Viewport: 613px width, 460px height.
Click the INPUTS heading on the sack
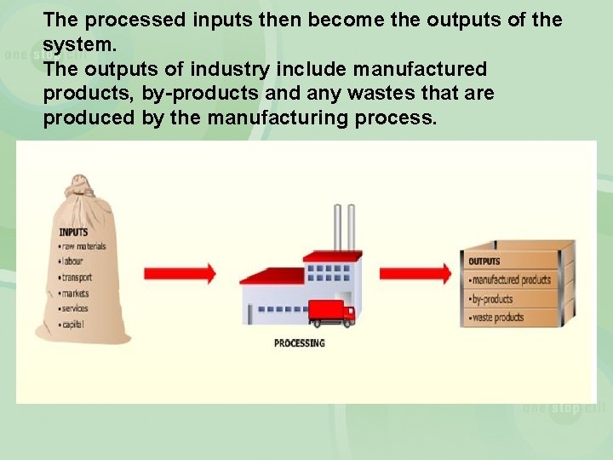(x=73, y=232)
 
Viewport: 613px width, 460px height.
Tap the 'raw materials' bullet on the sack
(x=83, y=246)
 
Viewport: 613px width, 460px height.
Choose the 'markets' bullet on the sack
(x=75, y=293)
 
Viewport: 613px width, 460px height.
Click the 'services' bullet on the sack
(x=74, y=308)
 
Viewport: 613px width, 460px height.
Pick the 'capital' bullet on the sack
(x=72, y=324)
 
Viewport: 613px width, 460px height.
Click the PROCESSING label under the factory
(x=299, y=343)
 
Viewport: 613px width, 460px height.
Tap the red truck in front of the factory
(x=331, y=313)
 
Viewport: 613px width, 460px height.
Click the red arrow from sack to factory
(x=180, y=273)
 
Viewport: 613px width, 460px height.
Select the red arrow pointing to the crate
(x=415, y=273)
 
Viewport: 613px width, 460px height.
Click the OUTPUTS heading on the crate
(x=484, y=262)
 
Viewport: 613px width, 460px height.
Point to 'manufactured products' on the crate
(x=511, y=280)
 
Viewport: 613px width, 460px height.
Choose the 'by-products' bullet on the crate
(x=492, y=299)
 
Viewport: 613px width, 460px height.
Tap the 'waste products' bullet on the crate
(x=497, y=318)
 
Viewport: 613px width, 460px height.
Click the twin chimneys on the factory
(x=344, y=227)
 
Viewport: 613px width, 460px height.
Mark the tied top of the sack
(x=80, y=189)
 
